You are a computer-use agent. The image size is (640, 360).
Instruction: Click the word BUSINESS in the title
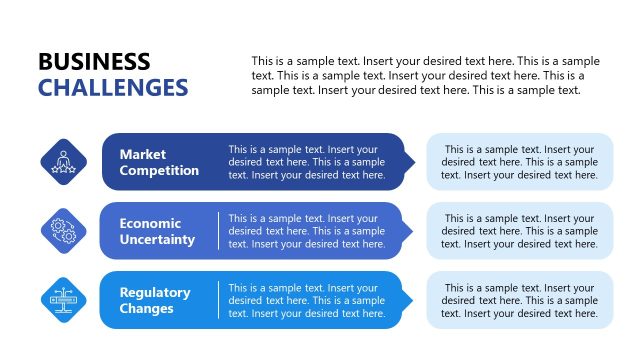(94, 62)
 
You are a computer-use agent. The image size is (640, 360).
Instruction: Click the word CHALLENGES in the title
(113, 88)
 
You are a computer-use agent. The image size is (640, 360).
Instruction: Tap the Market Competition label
(159, 162)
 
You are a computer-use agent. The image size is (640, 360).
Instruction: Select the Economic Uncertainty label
(157, 231)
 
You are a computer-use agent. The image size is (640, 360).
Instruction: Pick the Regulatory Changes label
(155, 300)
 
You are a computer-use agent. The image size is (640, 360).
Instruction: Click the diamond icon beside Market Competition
(63, 161)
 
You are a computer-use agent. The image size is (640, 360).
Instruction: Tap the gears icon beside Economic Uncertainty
(63, 230)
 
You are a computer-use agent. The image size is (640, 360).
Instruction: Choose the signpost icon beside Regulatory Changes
(63, 299)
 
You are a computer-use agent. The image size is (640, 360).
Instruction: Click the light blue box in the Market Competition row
(519, 162)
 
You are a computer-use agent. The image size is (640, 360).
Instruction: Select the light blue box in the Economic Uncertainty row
(519, 231)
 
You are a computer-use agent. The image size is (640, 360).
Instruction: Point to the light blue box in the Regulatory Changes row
(519, 300)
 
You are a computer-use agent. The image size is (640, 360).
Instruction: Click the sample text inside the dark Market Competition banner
(306, 162)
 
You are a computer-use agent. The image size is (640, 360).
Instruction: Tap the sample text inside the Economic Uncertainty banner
(306, 231)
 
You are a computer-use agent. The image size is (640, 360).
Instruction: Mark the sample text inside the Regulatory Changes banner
(306, 300)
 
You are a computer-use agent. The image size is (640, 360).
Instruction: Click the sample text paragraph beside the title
(425, 76)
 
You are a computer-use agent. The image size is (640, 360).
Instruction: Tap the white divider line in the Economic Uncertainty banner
(218, 231)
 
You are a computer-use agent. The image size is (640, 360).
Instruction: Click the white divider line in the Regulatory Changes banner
(218, 300)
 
